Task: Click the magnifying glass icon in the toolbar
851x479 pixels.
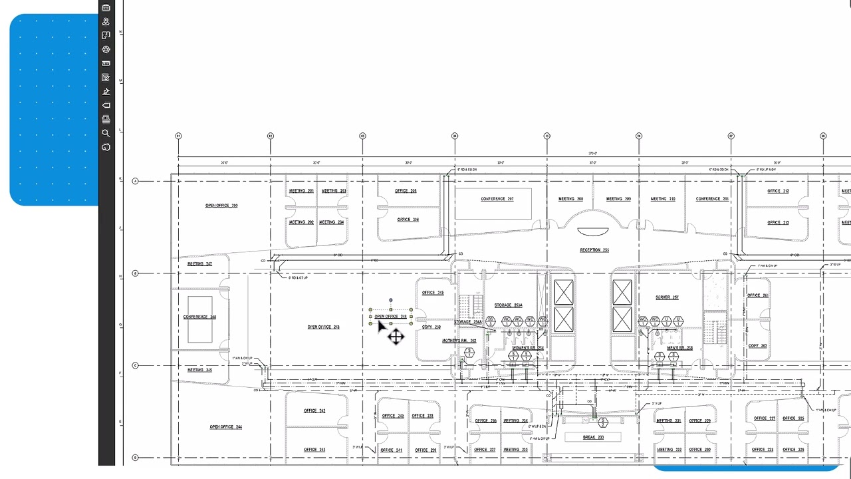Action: pos(106,133)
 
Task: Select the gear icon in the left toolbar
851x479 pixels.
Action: pos(106,49)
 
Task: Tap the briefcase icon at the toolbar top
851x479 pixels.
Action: pos(106,7)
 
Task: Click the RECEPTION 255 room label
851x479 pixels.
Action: pos(594,250)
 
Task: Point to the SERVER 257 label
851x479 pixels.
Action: pos(666,297)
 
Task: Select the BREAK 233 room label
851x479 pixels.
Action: pos(593,437)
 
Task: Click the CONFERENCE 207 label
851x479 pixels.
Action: pos(497,199)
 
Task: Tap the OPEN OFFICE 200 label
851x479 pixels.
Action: pos(221,206)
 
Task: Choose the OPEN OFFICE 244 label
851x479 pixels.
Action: pos(225,427)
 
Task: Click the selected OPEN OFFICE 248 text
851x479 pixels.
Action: pos(390,317)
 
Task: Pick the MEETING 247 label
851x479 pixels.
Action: pos(199,264)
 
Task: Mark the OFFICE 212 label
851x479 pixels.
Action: pos(777,192)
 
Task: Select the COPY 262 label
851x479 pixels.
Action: pos(757,346)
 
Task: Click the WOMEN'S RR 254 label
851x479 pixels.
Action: pos(527,348)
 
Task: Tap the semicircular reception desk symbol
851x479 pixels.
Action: pos(592,232)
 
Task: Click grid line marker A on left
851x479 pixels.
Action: pos(136,181)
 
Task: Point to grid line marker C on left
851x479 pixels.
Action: pos(136,365)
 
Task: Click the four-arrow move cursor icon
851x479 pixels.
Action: pos(396,337)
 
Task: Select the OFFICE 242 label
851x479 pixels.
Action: pos(314,411)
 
